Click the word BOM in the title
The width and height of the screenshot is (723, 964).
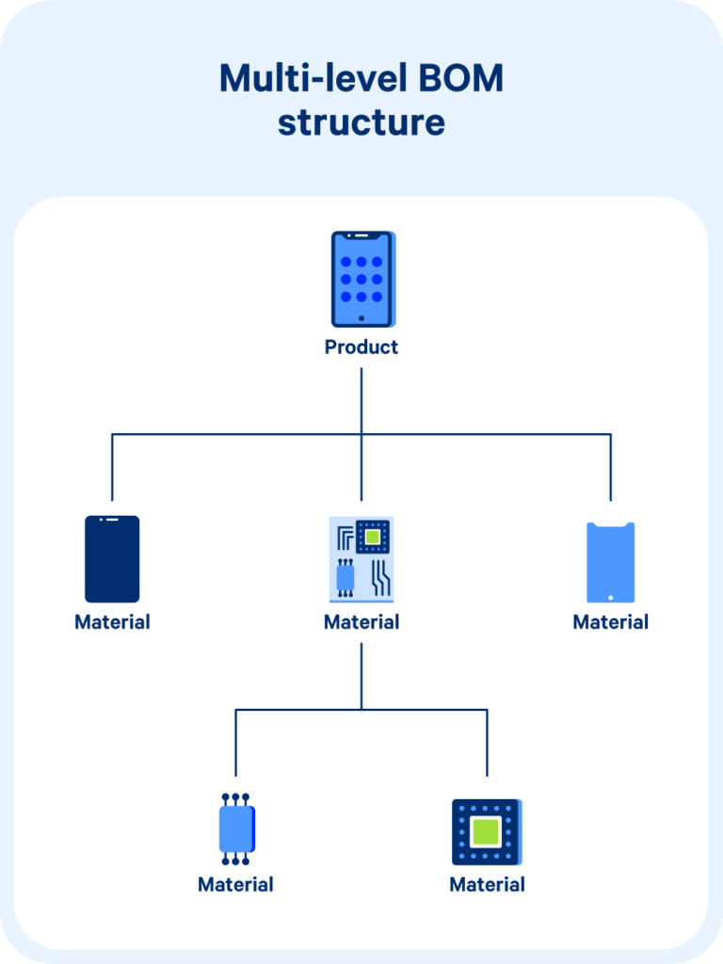pos(457,79)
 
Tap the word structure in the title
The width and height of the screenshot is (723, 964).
pos(361,122)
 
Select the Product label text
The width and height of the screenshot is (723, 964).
pos(361,346)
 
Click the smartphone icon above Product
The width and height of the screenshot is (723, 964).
pos(362,280)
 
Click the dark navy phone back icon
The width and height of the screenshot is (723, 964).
pos(112,558)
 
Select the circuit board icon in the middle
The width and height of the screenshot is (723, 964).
pos(361,559)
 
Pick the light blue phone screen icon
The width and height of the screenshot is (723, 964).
pos(611,562)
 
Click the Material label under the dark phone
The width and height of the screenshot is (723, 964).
pos(112,622)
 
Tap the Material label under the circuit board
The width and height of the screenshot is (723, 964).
pos(361,622)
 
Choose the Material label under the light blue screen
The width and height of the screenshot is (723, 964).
pos(611,622)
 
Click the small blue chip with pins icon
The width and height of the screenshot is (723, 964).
pos(236,829)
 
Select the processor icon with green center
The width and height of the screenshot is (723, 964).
pos(487,832)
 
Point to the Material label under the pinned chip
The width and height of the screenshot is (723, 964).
pos(235,885)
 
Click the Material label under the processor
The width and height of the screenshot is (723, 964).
pos(487,885)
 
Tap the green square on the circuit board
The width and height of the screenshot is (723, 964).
pos(373,537)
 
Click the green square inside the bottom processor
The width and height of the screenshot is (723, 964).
pos(486,831)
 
